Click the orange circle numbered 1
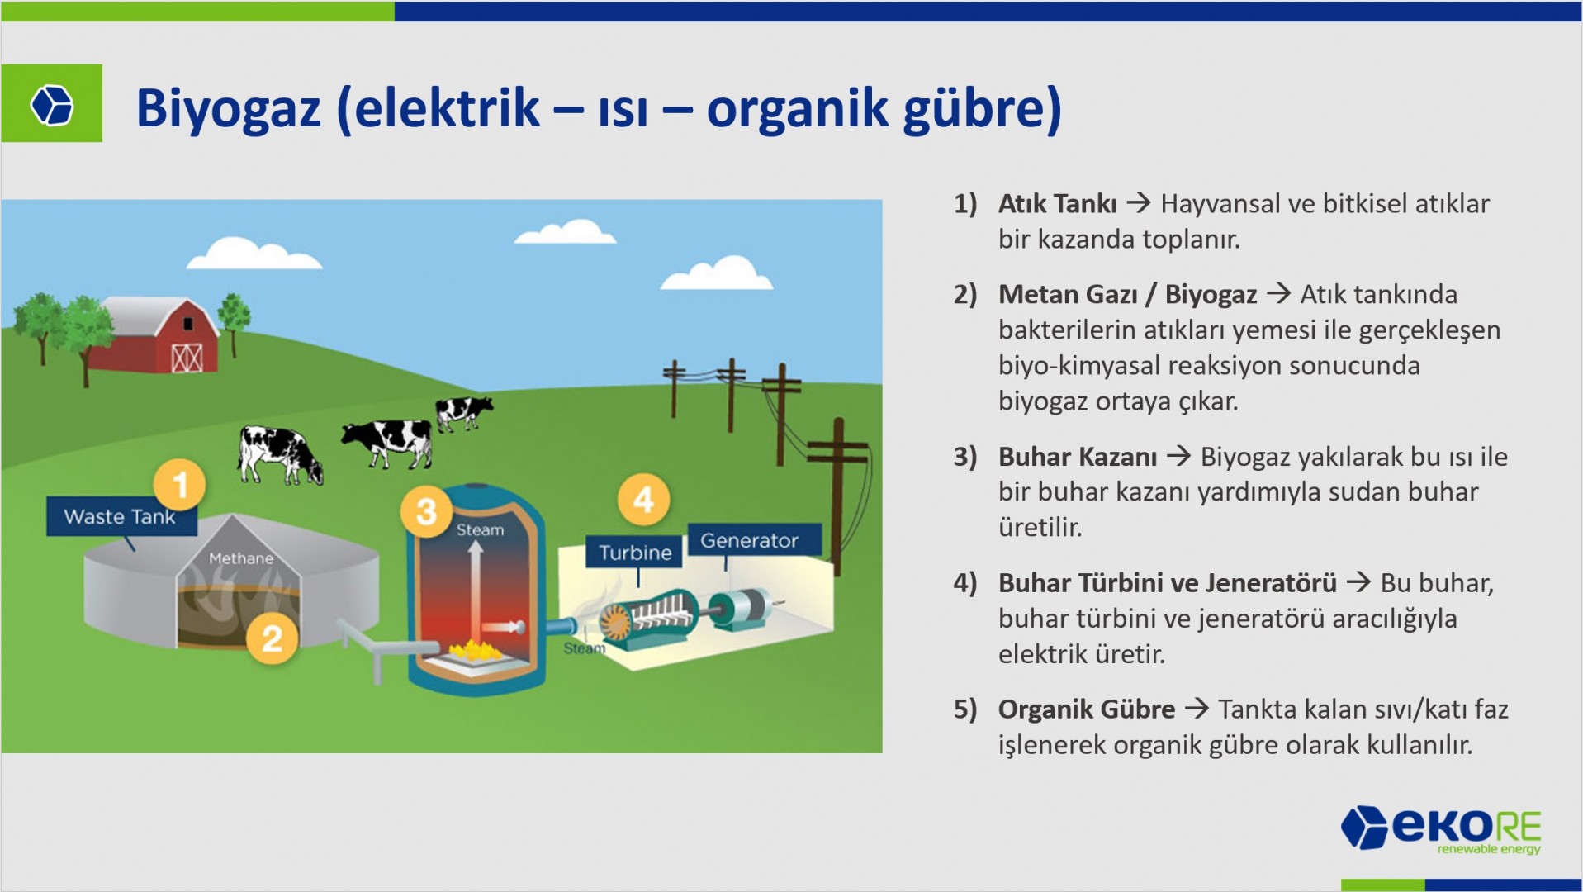(180, 484)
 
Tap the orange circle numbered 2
(272, 638)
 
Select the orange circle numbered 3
(426, 511)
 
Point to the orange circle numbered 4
(644, 499)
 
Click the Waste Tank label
(121, 517)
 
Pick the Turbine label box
(635, 553)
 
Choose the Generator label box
(750, 540)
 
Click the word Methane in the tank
(241, 558)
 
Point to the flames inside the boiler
(475, 650)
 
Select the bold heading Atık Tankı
(1058, 203)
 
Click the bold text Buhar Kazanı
(1078, 456)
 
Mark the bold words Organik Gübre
(1087, 709)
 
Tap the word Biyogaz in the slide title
(229, 108)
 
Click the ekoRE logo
(1442, 829)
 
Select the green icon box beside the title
(51, 103)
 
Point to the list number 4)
(965, 582)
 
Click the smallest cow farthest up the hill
(463, 411)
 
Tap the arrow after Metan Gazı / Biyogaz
(1278, 293)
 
